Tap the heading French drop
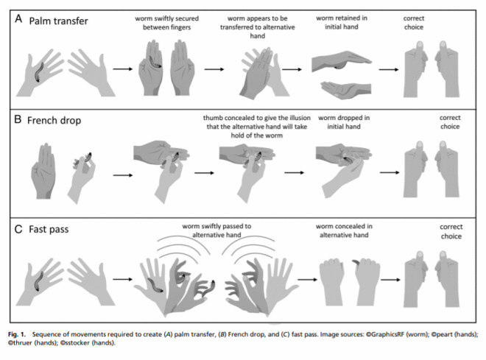(57, 120)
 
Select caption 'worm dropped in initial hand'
(337, 121)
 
